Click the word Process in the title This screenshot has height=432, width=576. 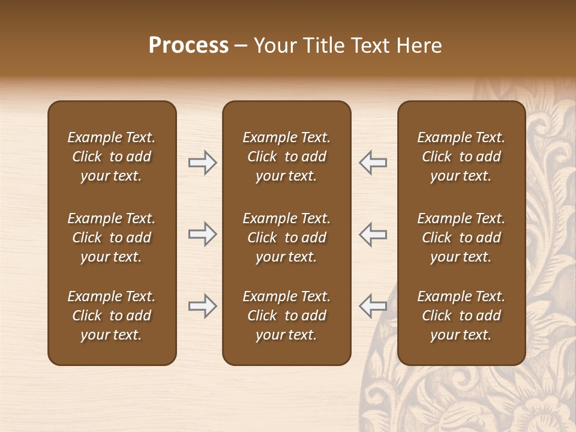pyautogui.click(x=188, y=46)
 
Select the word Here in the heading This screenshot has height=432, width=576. pyautogui.click(x=419, y=46)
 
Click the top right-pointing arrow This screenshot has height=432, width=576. pyautogui.click(x=202, y=163)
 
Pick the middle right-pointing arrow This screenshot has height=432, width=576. pyautogui.click(x=202, y=235)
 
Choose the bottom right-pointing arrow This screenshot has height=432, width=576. pyautogui.click(x=202, y=306)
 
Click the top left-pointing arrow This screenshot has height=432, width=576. pyautogui.click(x=373, y=163)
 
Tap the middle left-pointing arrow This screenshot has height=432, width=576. pyautogui.click(x=373, y=235)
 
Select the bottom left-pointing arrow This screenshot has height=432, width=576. pyautogui.click(x=373, y=306)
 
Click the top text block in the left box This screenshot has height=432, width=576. pyautogui.click(x=112, y=157)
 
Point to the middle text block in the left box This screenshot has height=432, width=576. pyautogui.click(x=112, y=238)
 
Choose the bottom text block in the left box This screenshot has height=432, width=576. pyautogui.click(x=112, y=316)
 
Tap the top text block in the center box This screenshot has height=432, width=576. pyautogui.click(x=286, y=157)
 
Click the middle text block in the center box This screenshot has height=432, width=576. pyautogui.click(x=286, y=238)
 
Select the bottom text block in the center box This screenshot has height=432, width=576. pyautogui.click(x=286, y=316)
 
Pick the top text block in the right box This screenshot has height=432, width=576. pyautogui.click(x=461, y=157)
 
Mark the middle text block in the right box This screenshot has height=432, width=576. pyautogui.click(x=461, y=238)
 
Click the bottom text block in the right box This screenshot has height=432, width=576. pyautogui.click(x=461, y=316)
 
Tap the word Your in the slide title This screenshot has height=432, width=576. pyautogui.click(x=273, y=46)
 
